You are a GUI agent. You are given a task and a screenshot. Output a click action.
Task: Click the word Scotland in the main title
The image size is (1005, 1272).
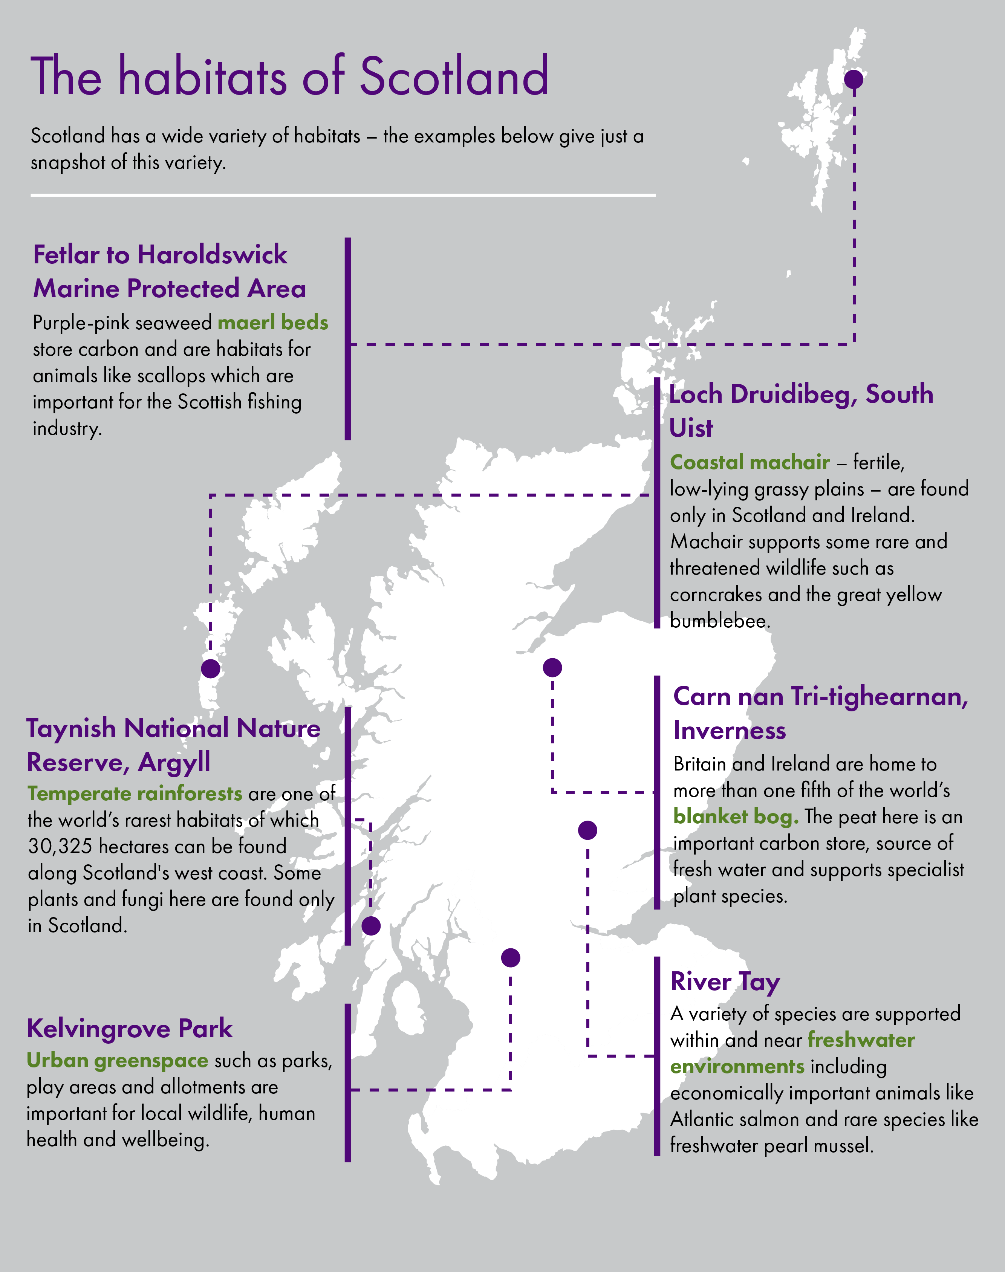point(454,76)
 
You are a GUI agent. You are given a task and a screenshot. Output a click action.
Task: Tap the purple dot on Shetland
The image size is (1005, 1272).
point(854,79)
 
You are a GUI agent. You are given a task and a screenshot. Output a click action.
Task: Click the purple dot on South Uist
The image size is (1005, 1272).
point(211,668)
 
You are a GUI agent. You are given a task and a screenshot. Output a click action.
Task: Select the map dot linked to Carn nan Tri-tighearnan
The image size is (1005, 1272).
point(552,667)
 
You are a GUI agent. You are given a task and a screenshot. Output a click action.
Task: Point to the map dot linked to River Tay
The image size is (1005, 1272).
point(587,830)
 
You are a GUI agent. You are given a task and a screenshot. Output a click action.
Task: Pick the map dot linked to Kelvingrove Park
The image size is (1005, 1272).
point(510,958)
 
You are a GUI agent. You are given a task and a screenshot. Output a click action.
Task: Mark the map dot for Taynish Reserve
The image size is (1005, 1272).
point(371,925)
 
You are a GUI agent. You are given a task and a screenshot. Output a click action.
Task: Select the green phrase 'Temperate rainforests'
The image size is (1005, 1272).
point(135,793)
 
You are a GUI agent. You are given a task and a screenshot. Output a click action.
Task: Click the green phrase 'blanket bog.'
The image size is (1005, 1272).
point(736,816)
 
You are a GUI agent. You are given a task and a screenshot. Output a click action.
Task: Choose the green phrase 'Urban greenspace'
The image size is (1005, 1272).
point(117,1060)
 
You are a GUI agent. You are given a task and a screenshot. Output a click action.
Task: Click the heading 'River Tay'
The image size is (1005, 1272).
point(725,982)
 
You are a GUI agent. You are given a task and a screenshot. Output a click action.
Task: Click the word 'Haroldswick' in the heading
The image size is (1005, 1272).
point(212,255)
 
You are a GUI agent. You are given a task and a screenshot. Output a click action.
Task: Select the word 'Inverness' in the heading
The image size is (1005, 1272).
point(730,731)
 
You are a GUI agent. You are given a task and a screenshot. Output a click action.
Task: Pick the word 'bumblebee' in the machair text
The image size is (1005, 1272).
point(719,621)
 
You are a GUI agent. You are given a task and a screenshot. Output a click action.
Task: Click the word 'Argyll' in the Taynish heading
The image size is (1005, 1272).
point(174,763)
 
